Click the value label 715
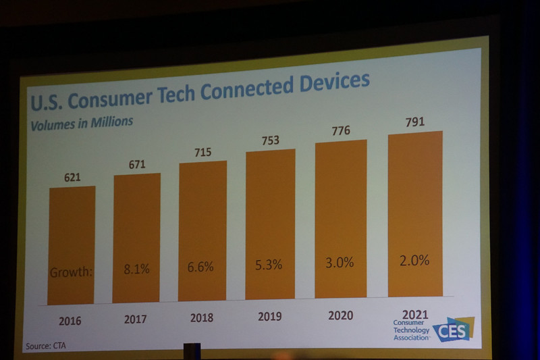[x=202, y=152]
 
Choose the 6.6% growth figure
[x=200, y=267]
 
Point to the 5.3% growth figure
[x=269, y=265]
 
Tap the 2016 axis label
[x=70, y=321]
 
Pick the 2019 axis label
[x=269, y=316]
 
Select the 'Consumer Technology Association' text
[x=411, y=330]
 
